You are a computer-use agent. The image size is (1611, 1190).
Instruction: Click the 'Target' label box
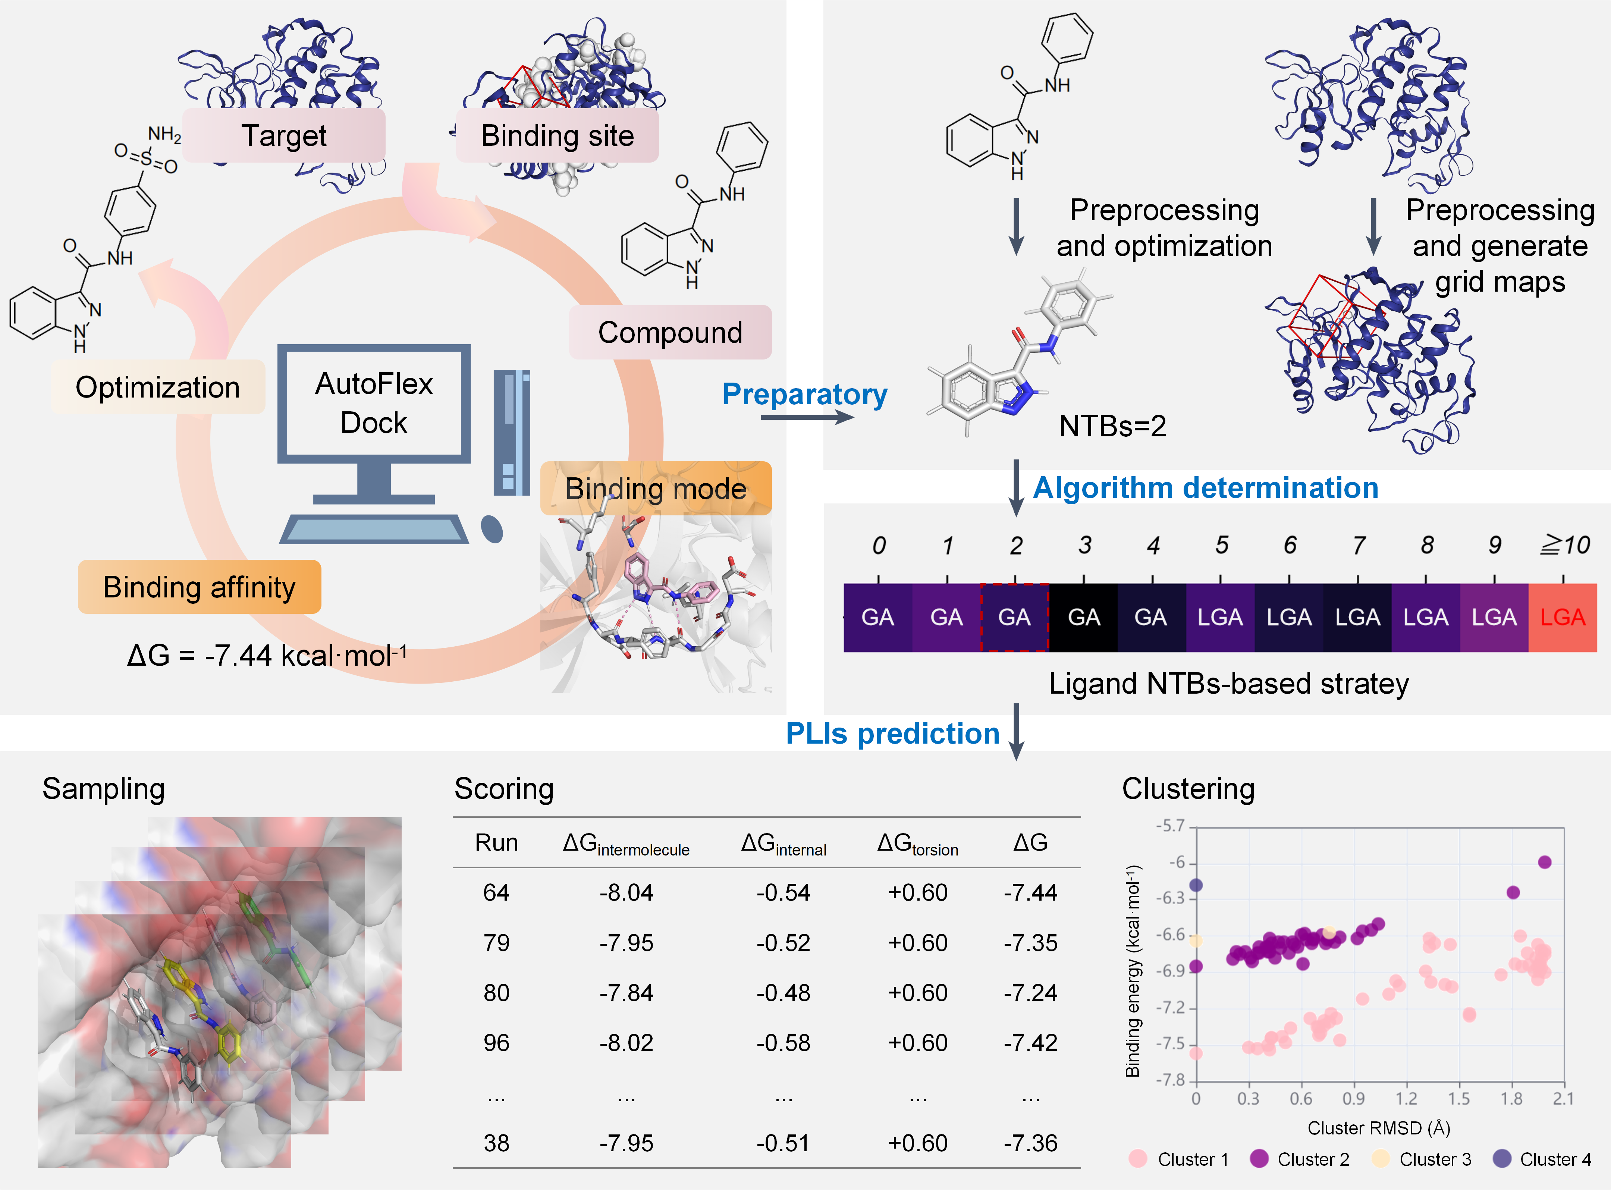tap(284, 135)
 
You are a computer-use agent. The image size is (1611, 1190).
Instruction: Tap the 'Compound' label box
tap(670, 332)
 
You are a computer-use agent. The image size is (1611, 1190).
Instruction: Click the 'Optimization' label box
tap(158, 387)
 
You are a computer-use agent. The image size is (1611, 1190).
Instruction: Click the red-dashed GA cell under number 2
tap(1014, 617)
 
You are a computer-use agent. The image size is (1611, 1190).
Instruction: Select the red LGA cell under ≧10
tap(1562, 617)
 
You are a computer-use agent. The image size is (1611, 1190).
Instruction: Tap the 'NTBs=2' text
tap(1112, 426)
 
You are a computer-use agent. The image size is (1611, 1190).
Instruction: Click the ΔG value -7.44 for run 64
tap(1030, 892)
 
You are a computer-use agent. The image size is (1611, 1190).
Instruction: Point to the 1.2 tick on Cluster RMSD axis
tap(1406, 1099)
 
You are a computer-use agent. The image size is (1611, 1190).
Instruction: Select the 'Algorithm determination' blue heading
tap(1206, 488)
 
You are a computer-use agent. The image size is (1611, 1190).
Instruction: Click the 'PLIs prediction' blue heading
tap(892, 733)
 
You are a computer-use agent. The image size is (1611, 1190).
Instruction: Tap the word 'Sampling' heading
tap(104, 789)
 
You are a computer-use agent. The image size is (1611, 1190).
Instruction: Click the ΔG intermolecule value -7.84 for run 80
tap(626, 993)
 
